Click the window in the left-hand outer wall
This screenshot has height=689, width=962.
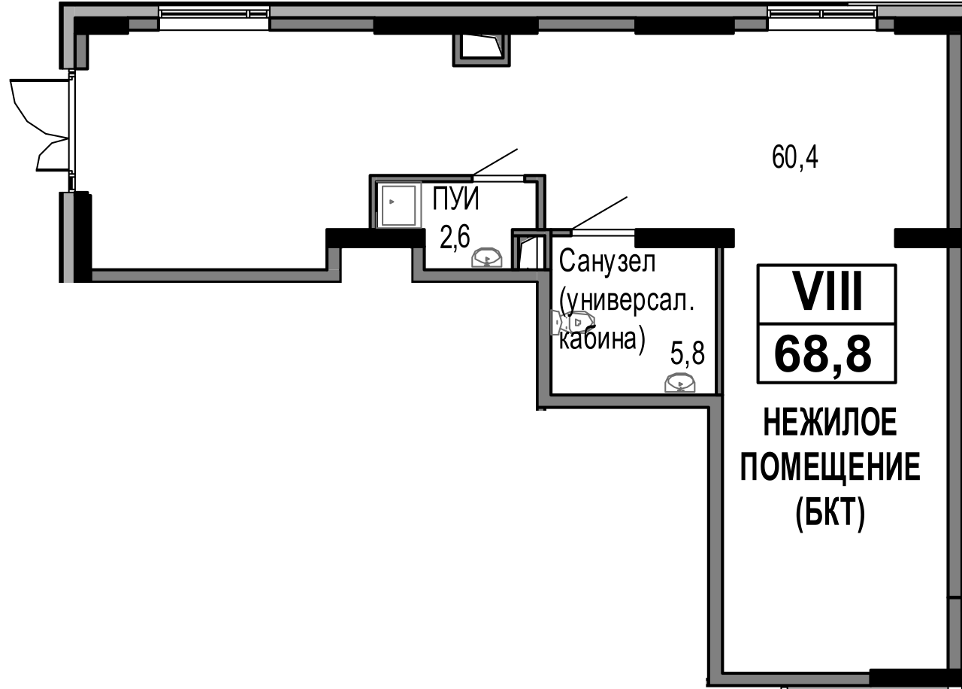[x=76, y=130]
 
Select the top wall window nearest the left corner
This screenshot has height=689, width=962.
[x=214, y=16]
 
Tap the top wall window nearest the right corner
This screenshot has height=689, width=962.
[x=822, y=16]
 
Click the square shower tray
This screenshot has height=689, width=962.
[x=398, y=205]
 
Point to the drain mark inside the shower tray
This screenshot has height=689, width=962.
[x=391, y=202]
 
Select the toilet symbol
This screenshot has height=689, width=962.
[x=573, y=323]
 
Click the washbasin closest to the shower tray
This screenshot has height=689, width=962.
[x=487, y=258]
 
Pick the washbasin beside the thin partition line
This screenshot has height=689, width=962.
[x=679, y=384]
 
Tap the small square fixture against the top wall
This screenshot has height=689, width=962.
[x=481, y=49]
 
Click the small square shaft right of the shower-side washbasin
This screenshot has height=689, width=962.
[x=531, y=250]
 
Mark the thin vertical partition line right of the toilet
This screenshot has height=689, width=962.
[x=719, y=320]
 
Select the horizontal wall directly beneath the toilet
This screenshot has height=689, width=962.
[x=628, y=401]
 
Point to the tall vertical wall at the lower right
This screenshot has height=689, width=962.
[x=715, y=538]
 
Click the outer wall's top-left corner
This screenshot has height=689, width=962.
[x=68, y=11]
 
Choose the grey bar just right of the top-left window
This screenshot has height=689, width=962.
[x=322, y=24]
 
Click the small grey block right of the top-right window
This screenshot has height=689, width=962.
[x=886, y=24]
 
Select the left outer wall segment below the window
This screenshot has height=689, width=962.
[x=68, y=238]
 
